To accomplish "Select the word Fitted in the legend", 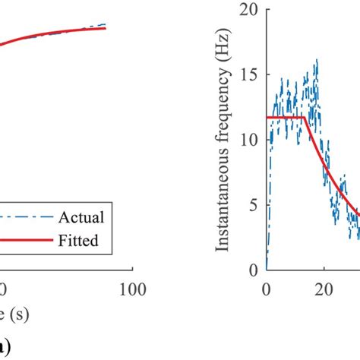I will [81, 242].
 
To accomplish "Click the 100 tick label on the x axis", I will [132, 289].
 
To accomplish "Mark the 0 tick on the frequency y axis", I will [251, 270].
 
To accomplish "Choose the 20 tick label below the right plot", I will [324, 289].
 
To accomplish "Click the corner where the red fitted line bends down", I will [305, 117].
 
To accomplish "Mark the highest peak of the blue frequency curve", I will [316, 60].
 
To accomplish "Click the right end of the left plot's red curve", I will [106, 28].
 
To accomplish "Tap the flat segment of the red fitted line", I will [285, 117].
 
